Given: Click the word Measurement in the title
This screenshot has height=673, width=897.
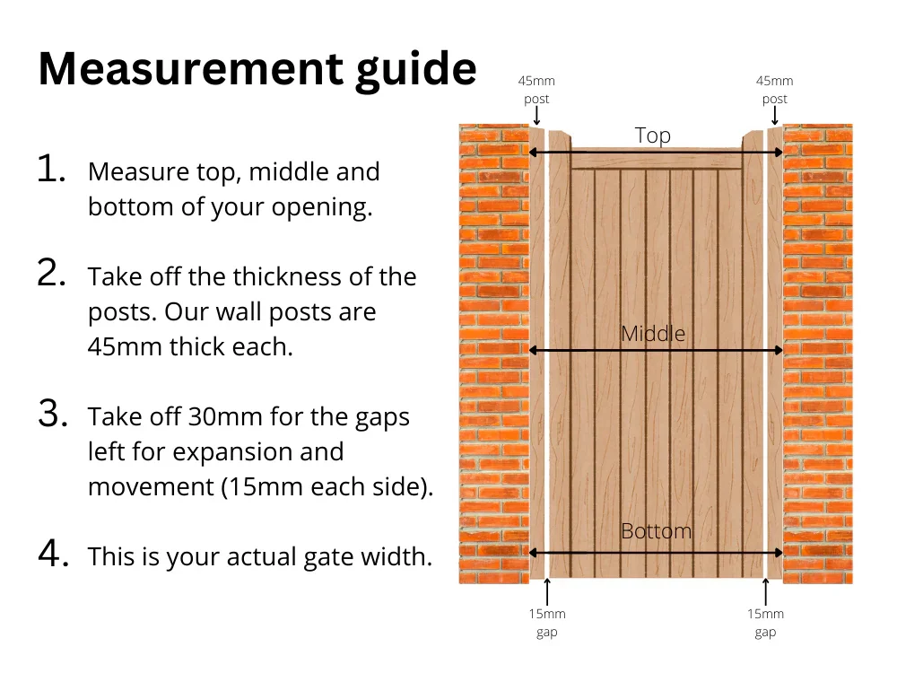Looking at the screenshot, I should tap(188, 68).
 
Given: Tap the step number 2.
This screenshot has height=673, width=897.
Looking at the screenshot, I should tap(52, 275).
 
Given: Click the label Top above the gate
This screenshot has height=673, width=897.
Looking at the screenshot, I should tap(652, 135).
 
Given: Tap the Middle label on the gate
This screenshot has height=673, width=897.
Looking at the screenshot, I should tap(652, 334).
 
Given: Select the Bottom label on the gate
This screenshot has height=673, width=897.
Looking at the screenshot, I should tap(656, 531).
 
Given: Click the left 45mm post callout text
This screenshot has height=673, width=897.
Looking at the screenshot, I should tap(536, 90).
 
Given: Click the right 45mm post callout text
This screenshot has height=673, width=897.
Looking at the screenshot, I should tap(774, 90).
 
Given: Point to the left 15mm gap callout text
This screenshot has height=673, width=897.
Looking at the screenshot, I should tap(546, 623).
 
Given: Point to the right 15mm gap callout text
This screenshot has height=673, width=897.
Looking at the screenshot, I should tap(765, 623).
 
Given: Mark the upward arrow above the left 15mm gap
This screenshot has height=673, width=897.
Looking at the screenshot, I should tap(547, 591).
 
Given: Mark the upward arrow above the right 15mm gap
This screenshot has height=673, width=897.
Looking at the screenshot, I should tap(765, 591).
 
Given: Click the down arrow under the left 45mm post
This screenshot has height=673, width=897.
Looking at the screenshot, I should tap(536, 116).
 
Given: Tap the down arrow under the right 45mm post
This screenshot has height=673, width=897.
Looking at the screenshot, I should tap(774, 116).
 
